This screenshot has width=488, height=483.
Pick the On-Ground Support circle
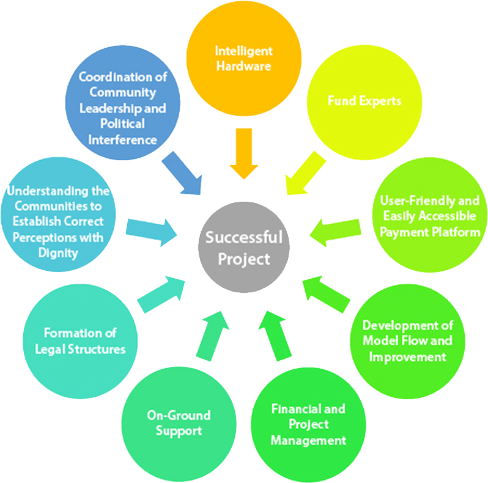pos(178,422)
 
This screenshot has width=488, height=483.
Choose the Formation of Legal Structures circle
pos(80,341)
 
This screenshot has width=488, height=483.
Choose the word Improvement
pos(407,356)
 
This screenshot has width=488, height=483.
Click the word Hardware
pos(244,66)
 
